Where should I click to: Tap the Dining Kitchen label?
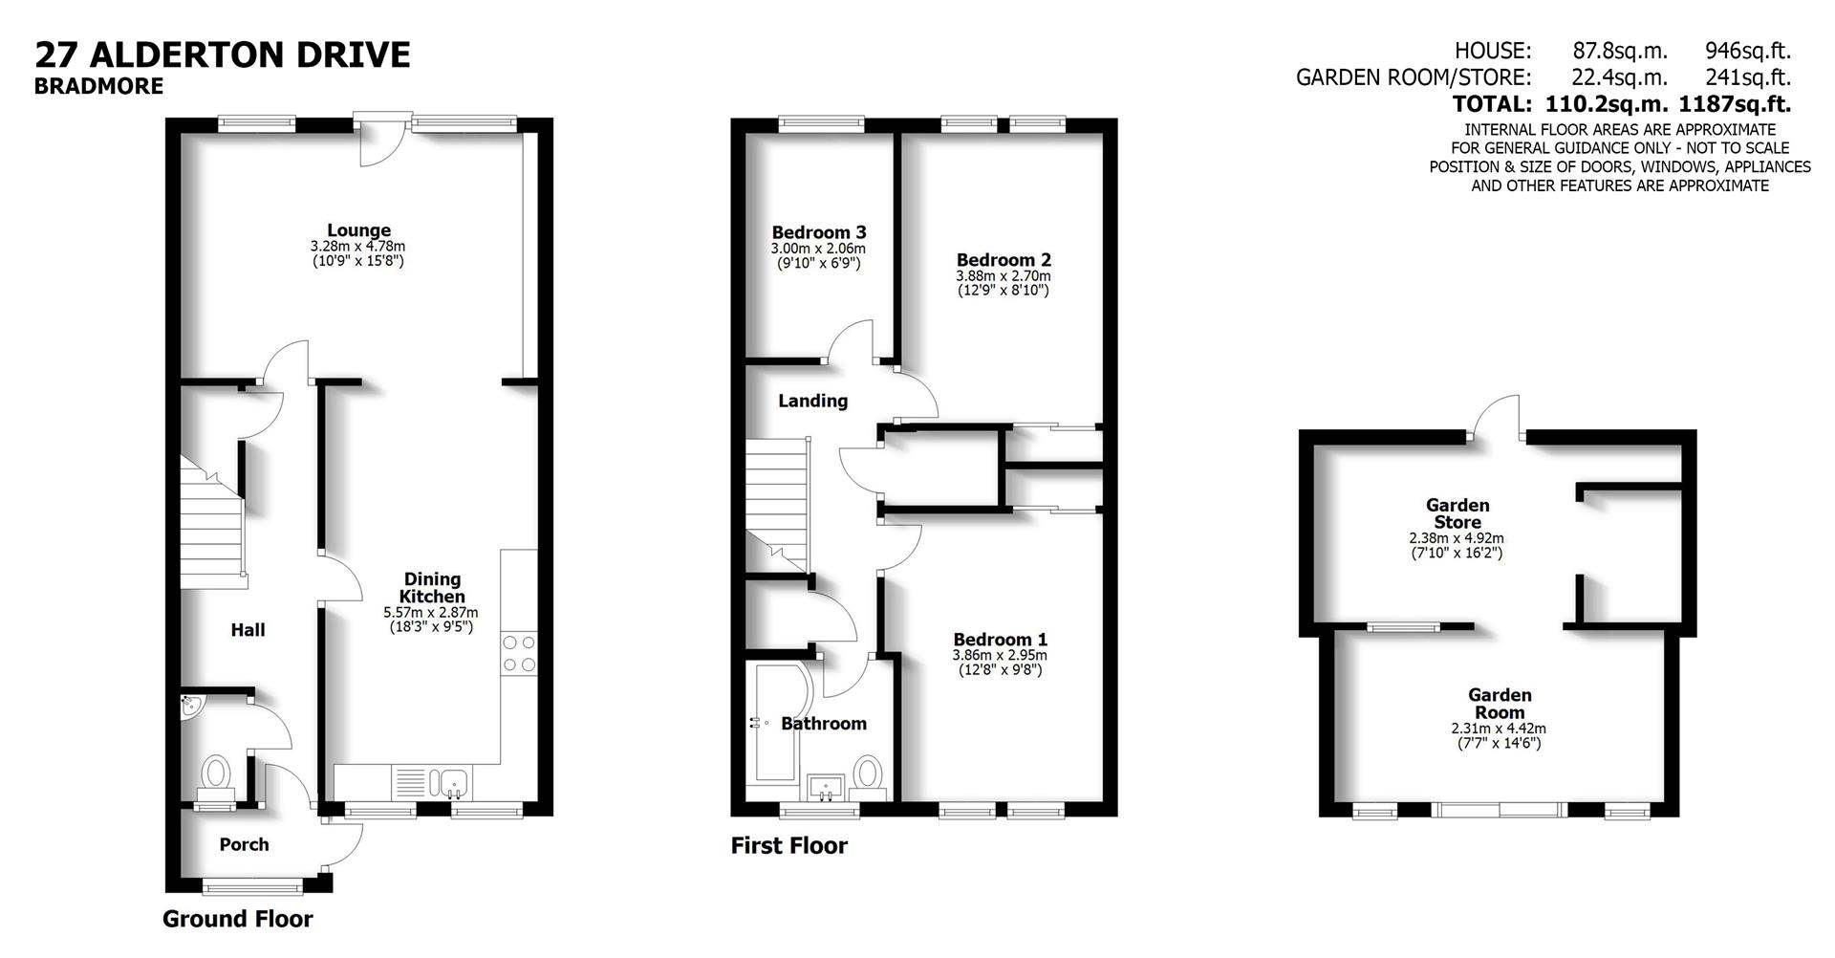(432, 587)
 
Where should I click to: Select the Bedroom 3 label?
(819, 232)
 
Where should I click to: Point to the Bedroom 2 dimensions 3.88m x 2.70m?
(1004, 275)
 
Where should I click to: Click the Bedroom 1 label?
(1000, 640)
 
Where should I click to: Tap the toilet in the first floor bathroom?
(868, 771)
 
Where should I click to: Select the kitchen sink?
(450, 783)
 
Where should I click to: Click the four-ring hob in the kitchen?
(518, 654)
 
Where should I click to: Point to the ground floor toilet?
(217, 772)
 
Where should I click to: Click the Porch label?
(244, 844)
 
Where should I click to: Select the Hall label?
(248, 630)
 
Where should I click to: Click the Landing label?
(812, 401)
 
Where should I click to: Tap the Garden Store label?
(1457, 513)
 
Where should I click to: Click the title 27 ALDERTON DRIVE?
(223, 54)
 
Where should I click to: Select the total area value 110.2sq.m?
(1601, 103)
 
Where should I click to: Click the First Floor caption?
(788, 845)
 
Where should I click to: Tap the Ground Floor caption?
(237, 919)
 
